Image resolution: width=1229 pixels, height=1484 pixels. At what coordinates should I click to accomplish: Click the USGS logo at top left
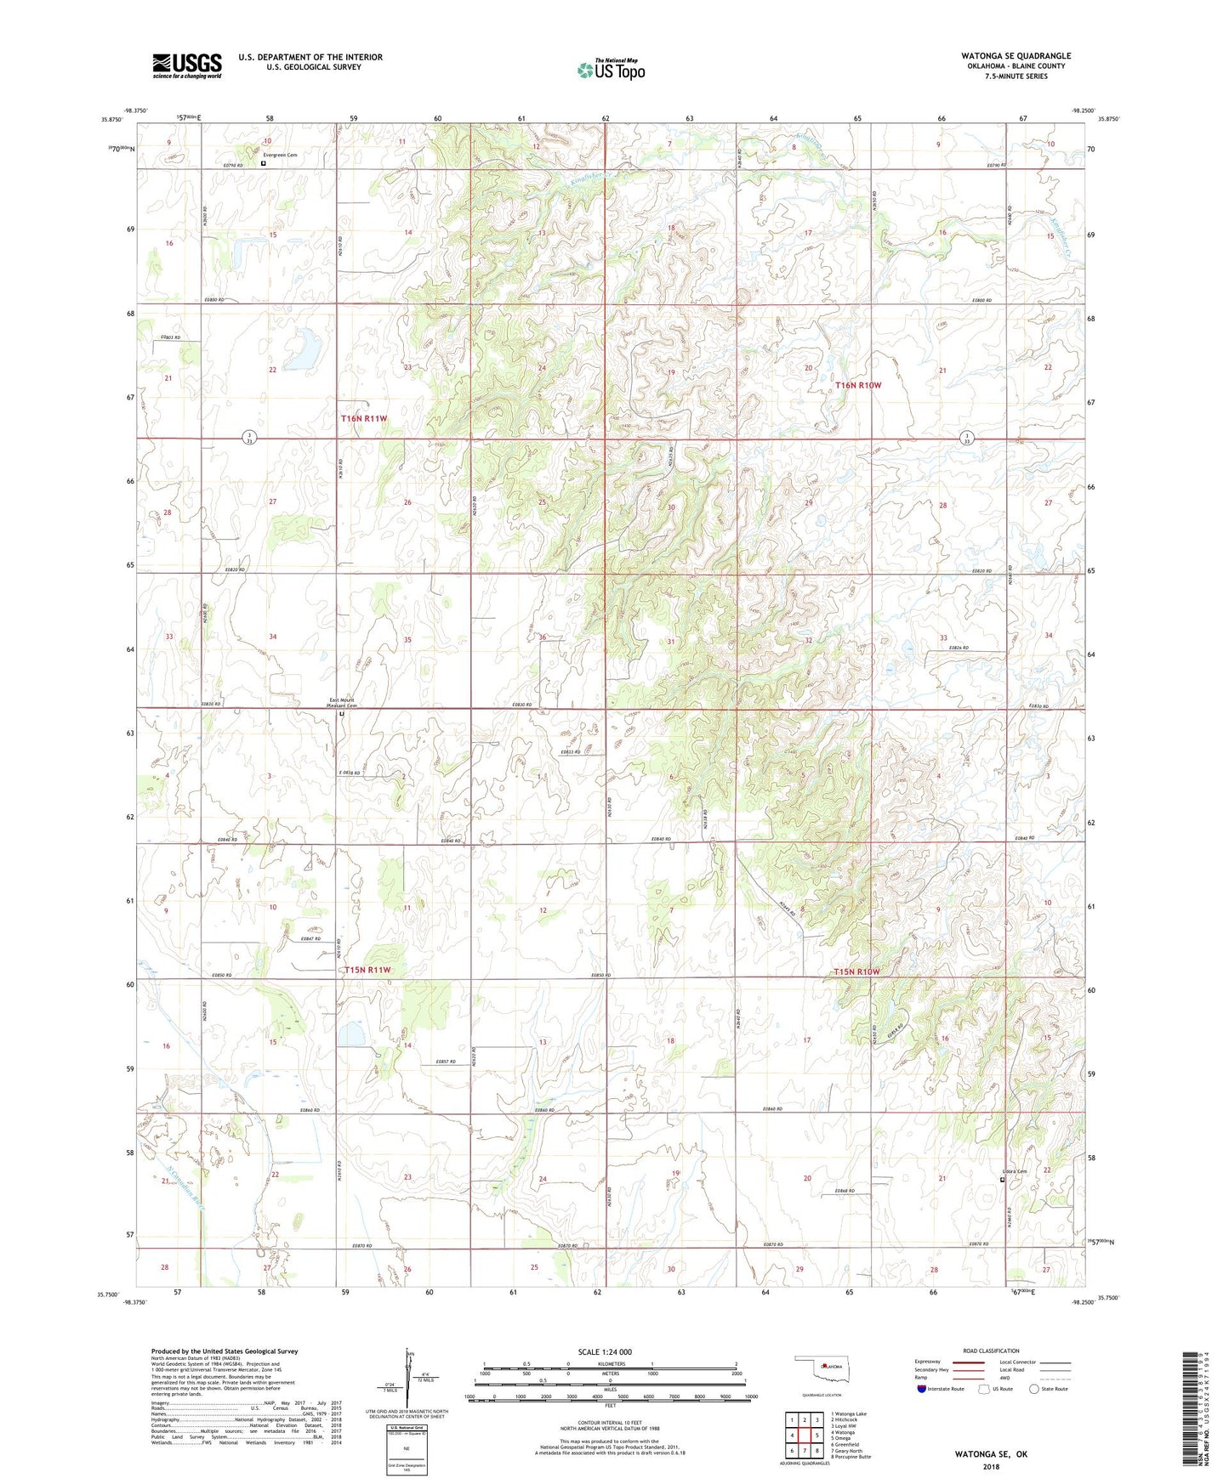click(x=187, y=65)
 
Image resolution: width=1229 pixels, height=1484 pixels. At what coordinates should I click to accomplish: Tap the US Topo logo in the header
click(x=611, y=70)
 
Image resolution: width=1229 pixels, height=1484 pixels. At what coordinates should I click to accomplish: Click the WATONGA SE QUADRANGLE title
click(x=1016, y=56)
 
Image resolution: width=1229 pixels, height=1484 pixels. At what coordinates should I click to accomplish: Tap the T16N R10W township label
click(x=858, y=385)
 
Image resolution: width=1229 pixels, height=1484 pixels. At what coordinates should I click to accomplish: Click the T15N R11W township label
click(x=367, y=970)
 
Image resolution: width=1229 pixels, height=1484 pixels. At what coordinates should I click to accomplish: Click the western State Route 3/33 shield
click(x=245, y=439)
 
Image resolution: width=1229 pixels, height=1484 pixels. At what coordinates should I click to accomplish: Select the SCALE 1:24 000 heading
click(x=605, y=1351)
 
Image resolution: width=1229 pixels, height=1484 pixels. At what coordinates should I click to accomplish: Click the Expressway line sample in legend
click(x=969, y=1362)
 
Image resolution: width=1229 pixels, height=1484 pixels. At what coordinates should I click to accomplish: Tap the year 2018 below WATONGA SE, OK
click(x=991, y=1467)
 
